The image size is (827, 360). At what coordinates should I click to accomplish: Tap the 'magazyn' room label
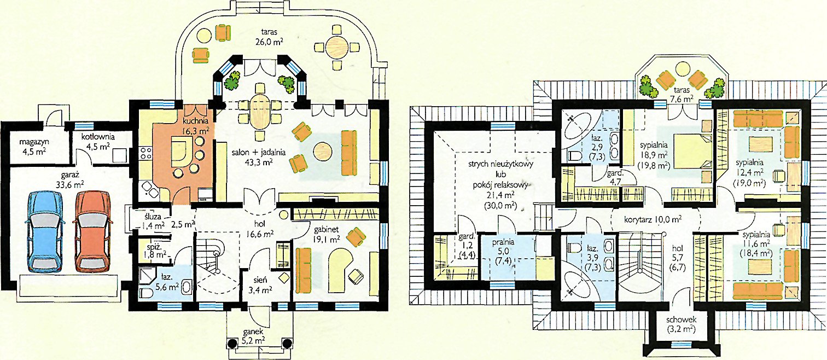click(x=34, y=142)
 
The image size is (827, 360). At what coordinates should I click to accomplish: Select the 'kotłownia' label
click(x=98, y=137)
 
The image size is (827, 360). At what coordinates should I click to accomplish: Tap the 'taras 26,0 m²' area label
click(x=269, y=37)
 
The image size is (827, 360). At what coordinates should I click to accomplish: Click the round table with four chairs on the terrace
click(x=337, y=47)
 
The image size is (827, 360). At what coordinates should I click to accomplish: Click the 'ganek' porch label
click(x=253, y=332)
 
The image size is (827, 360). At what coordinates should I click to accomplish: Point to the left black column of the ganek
click(x=232, y=344)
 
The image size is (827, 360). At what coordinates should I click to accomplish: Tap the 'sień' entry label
click(x=260, y=280)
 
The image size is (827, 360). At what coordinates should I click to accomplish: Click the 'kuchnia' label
click(x=196, y=121)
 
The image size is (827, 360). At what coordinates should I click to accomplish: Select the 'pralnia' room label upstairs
click(x=503, y=243)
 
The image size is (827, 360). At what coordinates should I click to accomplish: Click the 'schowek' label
click(x=681, y=320)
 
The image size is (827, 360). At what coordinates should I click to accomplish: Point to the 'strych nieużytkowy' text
click(x=500, y=164)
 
